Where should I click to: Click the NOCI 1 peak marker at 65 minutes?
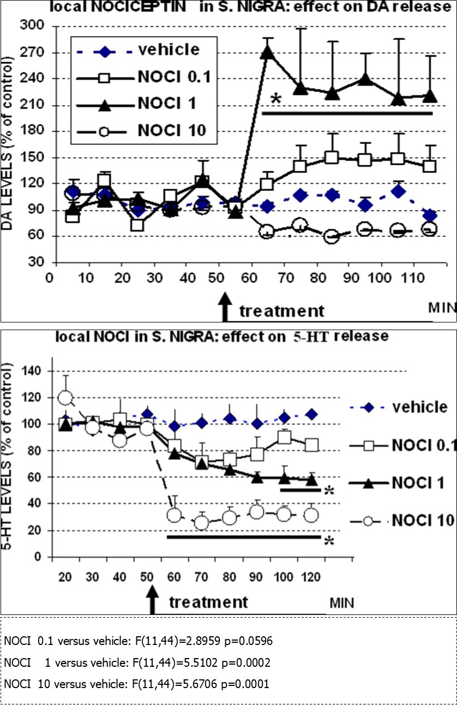(267, 52)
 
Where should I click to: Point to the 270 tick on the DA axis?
(33, 53)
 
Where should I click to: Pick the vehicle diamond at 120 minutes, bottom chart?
(311, 415)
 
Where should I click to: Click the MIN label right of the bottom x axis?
(341, 604)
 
